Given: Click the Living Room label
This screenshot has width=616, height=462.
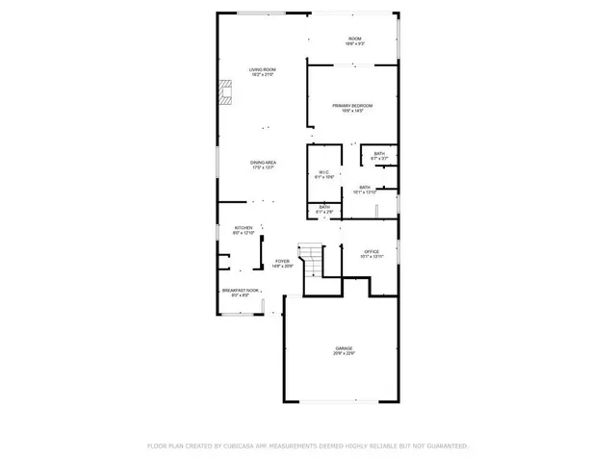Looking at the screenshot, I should [x=263, y=69].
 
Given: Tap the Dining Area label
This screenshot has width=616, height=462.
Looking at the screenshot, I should [x=263, y=163].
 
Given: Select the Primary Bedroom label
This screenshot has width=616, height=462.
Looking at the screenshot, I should [x=352, y=105].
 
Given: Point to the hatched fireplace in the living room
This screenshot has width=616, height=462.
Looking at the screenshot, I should [x=225, y=91].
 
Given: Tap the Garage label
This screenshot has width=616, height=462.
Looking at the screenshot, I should [x=345, y=347].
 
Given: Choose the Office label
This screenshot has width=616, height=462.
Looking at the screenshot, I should [x=372, y=251].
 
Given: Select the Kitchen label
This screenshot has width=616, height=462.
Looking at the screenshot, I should [x=243, y=228].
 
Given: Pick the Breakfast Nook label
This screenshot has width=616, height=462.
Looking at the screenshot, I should [x=241, y=290].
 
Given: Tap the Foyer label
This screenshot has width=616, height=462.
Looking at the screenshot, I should [x=282, y=261].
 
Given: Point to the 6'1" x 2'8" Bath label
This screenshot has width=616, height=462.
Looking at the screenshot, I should [x=324, y=207].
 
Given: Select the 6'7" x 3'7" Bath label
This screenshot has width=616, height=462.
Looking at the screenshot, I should [x=379, y=153].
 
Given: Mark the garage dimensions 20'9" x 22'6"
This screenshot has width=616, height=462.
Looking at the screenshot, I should [x=345, y=353].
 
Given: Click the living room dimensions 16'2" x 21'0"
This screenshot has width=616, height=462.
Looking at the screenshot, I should [x=263, y=75].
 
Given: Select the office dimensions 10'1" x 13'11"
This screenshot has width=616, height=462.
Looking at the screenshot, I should [x=372, y=257].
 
